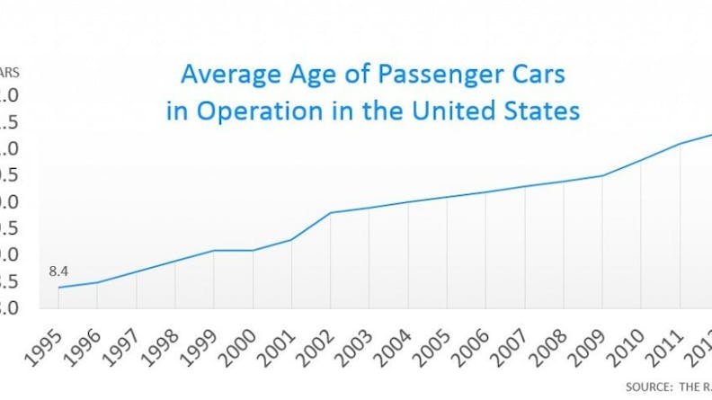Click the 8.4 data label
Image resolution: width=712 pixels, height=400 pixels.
point(58,268)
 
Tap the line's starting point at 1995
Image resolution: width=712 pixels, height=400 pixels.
point(58,288)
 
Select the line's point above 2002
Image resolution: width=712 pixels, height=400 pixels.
point(330,213)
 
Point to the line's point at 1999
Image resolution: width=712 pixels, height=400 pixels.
point(214,250)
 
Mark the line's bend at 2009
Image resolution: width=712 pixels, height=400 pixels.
point(601,176)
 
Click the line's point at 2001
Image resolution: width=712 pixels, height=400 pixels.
point(291,239)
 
